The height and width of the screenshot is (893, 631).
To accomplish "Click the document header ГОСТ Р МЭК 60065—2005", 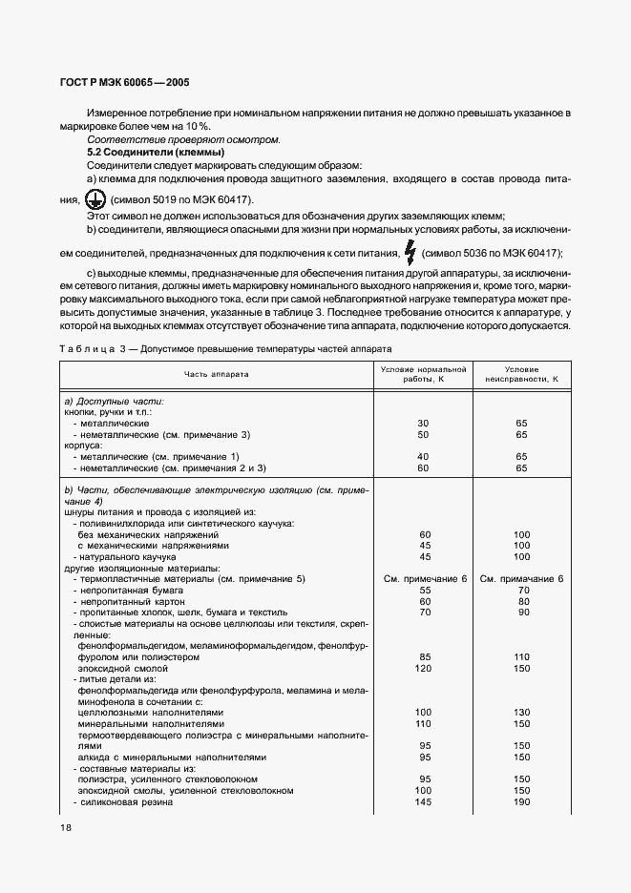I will click(113, 84).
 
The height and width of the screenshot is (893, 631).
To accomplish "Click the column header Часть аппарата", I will click(217, 374).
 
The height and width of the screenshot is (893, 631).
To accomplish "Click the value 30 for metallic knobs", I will click(425, 423).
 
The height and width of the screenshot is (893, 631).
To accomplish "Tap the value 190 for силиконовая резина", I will click(521, 802).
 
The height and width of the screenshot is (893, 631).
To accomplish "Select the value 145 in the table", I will click(425, 802).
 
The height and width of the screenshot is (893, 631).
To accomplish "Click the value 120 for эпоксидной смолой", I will click(425, 669).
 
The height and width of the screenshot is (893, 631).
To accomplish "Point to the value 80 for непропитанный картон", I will click(521, 602).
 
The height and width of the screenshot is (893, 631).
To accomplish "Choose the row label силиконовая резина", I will click(125, 802).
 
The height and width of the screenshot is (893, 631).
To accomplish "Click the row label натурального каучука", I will click(124, 556).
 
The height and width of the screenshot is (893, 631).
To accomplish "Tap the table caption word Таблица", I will click(94, 349).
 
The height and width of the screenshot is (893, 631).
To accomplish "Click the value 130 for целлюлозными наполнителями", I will click(521, 713).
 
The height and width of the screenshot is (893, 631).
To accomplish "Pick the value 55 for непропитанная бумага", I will click(425, 591).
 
